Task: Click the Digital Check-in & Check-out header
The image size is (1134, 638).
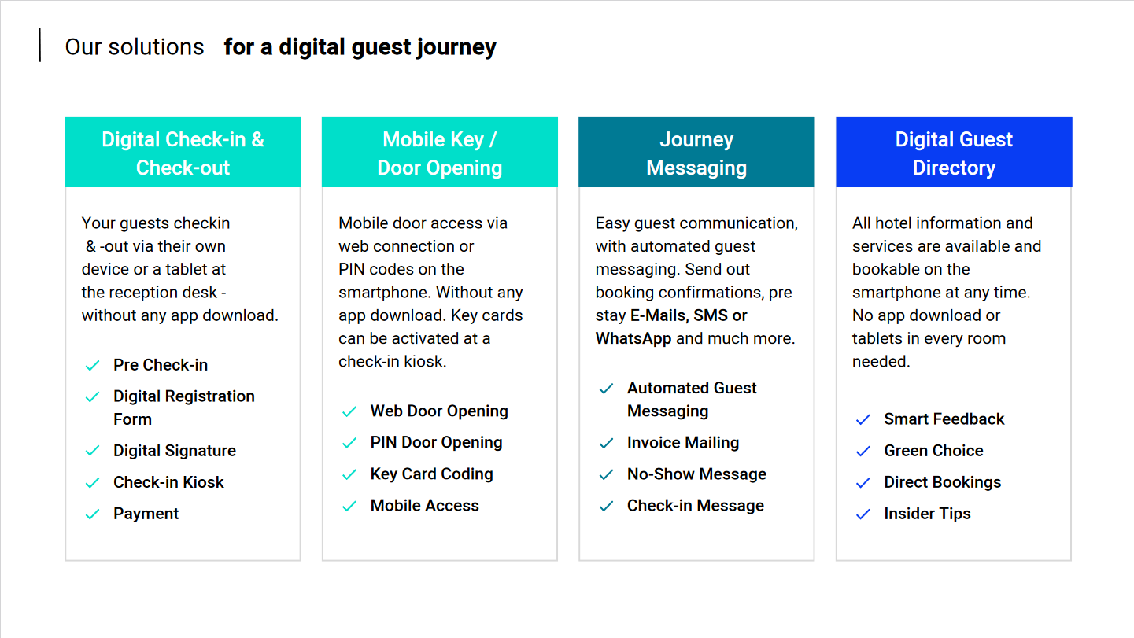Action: (183, 153)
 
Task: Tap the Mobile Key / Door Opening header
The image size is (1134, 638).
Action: (439, 153)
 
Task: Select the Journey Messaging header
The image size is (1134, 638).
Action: (696, 153)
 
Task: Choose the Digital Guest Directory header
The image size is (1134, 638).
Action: (954, 153)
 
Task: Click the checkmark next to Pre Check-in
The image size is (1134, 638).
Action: (93, 365)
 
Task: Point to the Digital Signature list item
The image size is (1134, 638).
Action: (175, 451)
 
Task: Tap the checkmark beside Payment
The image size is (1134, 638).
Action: (93, 514)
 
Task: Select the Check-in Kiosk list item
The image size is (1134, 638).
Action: (168, 482)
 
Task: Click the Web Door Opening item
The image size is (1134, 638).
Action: (439, 411)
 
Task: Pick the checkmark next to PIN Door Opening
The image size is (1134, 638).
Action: (349, 443)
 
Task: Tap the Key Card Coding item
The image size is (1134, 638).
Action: (432, 474)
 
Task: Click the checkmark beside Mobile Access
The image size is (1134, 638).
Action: (349, 506)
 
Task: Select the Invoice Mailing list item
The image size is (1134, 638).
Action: (683, 443)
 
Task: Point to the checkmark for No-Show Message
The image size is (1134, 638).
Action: (607, 474)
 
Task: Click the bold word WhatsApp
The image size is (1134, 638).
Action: (633, 338)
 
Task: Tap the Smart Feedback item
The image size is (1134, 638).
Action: (944, 419)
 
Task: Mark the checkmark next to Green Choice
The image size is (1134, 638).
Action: (863, 452)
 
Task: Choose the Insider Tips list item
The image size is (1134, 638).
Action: (928, 514)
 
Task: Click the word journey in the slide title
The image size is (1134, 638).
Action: (456, 48)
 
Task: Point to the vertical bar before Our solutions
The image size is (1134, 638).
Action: (39, 46)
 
